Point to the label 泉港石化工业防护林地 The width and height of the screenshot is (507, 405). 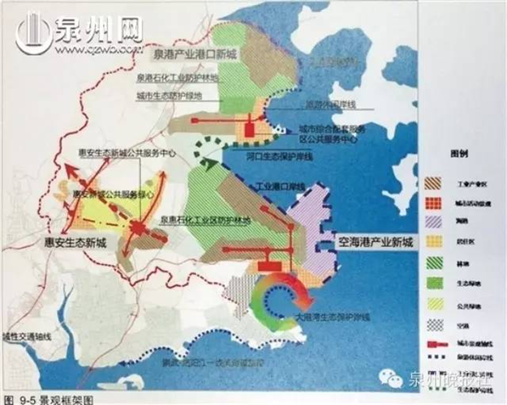click(178, 78)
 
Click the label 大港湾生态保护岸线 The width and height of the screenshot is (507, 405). click(332, 318)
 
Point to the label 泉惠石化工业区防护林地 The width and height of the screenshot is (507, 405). click(204, 220)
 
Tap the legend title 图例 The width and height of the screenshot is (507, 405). click(459, 153)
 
